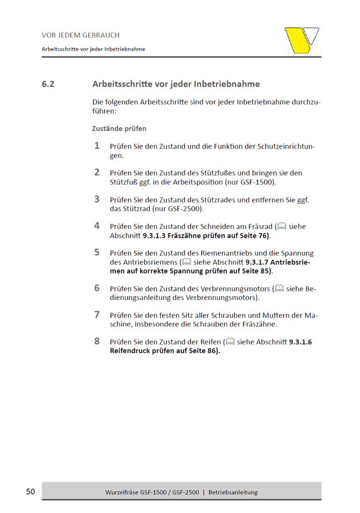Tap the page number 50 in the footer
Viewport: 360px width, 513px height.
coord(30,492)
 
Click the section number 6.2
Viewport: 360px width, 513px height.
coord(48,84)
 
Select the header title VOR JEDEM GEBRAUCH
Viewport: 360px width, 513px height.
coord(81,35)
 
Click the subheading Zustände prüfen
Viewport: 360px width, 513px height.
coord(119,128)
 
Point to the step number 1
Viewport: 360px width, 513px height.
coord(97,146)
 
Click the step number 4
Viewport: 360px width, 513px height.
coord(97,226)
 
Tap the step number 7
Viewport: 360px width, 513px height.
coord(97,315)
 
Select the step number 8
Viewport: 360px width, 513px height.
coord(97,341)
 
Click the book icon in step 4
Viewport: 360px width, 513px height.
coord(282,226)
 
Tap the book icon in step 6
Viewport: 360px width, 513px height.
coord(279,289)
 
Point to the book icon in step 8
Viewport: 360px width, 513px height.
coord(230,342)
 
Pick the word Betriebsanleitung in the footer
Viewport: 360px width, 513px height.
coord(233,492)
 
